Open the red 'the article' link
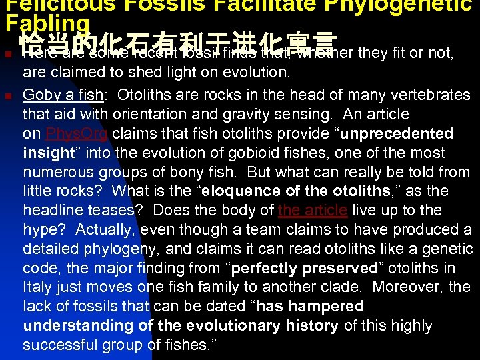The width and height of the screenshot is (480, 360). (x=313, y=211)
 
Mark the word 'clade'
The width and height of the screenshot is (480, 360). (x=339, y=287)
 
